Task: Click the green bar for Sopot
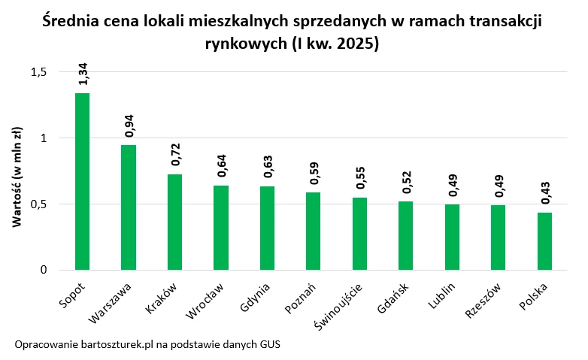pos(82,181)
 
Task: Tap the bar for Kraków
pos(174,222)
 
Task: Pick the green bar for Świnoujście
pos(359,233)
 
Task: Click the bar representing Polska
pos(544,241)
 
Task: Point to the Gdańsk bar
pos(405,235)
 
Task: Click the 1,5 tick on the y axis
pos(38,72)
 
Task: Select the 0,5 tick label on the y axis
pos(38,204)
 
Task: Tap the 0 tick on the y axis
pos(44,270)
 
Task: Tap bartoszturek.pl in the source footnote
pos(113,344)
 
